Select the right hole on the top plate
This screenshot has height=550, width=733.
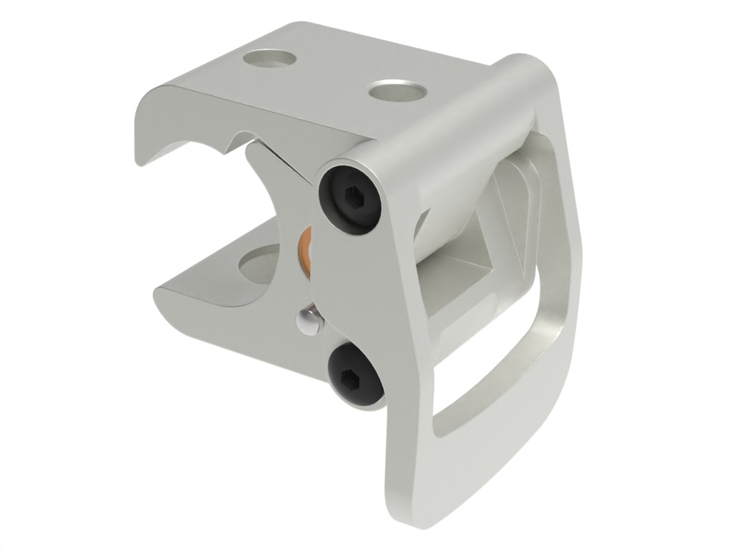pyautogui.click(x=397, y=92)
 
